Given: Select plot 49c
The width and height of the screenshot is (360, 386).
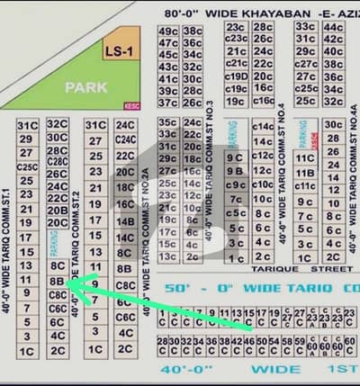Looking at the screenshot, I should click(x=167, y=31).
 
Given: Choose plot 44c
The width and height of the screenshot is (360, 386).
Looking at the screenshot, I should click(x=333, y=28).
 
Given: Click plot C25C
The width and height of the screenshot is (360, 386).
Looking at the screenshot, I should click(x=26, y=166).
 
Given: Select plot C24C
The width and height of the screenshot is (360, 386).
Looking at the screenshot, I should click(x=125, y=139).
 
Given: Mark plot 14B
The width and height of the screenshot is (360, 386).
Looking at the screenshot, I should click(x=125, y=221).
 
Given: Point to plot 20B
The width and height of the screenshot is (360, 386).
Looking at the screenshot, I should click(x=58, y=210).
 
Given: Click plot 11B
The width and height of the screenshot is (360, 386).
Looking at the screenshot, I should click(x=305, y=173).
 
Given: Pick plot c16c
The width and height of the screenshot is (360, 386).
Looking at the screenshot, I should click(x=264, y=102).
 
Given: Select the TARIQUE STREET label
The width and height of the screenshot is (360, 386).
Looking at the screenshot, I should click(x=302, y=268).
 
